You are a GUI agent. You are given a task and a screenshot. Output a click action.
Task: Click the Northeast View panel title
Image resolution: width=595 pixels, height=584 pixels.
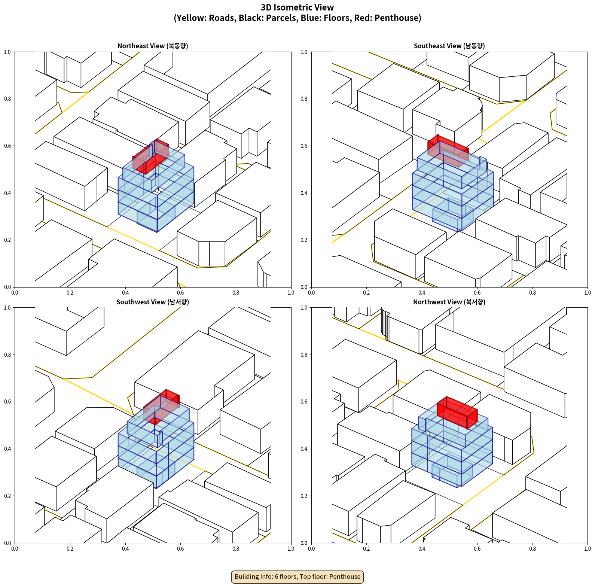tap(153, 46)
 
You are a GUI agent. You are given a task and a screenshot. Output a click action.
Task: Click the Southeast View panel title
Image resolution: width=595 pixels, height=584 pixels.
tap(449, 46)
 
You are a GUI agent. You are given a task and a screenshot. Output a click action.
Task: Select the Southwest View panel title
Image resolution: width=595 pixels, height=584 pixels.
tap(153, 302)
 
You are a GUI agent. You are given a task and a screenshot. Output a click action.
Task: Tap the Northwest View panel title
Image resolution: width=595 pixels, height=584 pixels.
tap(449, 302)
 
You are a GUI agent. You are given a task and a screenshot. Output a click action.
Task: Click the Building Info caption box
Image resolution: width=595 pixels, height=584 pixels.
tap(297, 577)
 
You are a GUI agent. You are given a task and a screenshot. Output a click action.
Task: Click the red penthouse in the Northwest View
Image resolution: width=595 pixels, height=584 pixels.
tap(457, 412)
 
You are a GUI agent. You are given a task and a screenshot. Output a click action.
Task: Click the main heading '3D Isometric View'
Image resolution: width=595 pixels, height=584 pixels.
tap(297, 7)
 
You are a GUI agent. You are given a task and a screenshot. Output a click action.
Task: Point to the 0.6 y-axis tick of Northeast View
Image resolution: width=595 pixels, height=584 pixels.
tap(8, 146)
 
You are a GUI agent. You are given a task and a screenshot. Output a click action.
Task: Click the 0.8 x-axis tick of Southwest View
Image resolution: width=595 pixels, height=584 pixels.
tap(236, 549)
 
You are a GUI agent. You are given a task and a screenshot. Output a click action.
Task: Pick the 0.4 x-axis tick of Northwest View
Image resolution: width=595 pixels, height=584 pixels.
tap(422, 549)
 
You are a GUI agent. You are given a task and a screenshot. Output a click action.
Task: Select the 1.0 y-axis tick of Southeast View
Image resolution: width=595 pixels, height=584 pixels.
tap(304, 52)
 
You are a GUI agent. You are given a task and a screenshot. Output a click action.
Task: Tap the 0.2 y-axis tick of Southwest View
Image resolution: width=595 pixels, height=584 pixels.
tap(8, 496)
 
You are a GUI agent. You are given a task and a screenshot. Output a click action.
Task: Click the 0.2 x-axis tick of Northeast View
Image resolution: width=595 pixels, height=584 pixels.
tap(70, 293)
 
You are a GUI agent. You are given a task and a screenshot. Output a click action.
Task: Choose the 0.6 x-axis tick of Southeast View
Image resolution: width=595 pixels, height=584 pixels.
tap(477, 293)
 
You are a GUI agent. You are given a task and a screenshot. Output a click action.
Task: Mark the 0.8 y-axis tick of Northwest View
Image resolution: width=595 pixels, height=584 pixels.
tap(304, 355)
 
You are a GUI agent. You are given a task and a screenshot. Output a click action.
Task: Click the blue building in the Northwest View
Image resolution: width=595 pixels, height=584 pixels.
tap(449, 453)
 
